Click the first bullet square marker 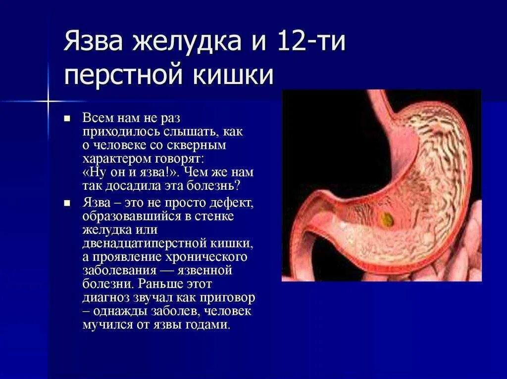[x=67, y=119]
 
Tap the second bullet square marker [x=67, y=203]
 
